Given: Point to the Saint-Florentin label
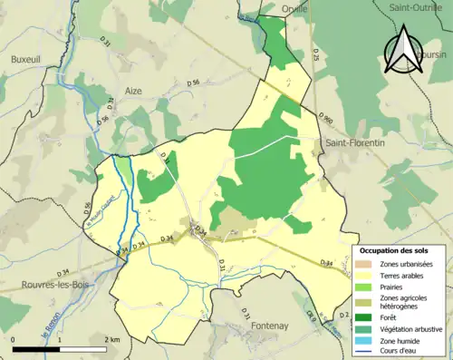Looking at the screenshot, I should coord(355,141).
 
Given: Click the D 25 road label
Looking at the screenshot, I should coord(316,56).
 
